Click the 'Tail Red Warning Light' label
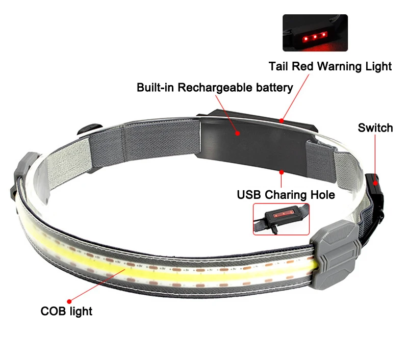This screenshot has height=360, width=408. pos(330,66)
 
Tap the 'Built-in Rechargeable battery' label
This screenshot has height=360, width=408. pos(215,87)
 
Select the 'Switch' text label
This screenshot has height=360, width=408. pos(375,127)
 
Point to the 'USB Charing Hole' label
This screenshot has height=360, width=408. pos(286,194)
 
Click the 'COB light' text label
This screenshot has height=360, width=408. pos(66,311)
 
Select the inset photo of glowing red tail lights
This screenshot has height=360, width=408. pos(315,33)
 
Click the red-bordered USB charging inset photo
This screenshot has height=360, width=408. pos(281,219)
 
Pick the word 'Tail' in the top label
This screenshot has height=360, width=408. pos(279,66)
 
